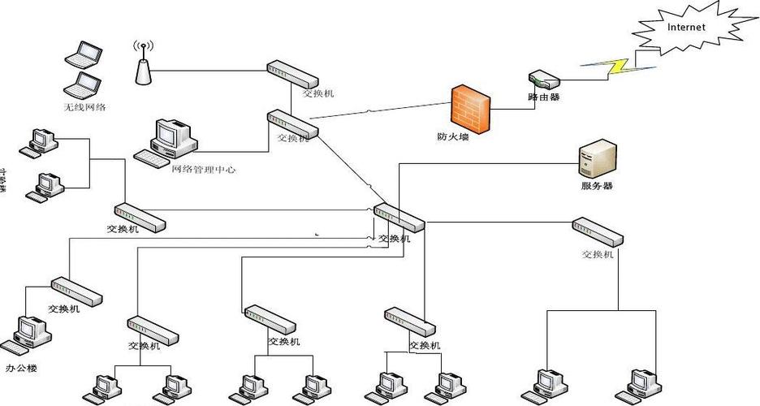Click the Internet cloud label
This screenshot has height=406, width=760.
[x=686, y=27]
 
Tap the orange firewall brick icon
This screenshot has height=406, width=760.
[x=472, y=109]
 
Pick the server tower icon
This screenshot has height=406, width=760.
[x=598, y=158]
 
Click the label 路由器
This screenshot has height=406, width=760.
[x=543, y=97]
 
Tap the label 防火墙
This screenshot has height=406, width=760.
[x=452, y=137]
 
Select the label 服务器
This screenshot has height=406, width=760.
[x=597, y=186]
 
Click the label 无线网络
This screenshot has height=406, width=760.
[x=85, y=107]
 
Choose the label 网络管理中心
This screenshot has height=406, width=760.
[x=204, y=170]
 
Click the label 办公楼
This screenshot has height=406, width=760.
[x=22, y=368]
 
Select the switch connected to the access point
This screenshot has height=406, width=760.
[x=293, y=74]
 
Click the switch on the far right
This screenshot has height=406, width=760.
[x=598, y=231]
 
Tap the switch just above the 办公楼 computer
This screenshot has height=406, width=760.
[x=77, y=291]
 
